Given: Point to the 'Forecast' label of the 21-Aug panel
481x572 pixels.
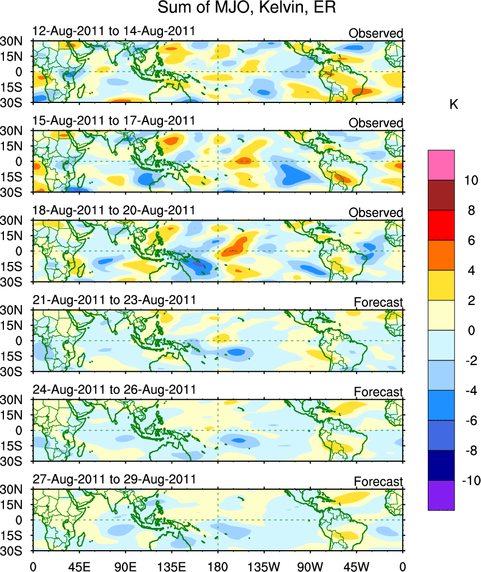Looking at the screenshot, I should pos(379,303).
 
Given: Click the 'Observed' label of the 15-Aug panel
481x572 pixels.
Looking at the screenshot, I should pos(376,123).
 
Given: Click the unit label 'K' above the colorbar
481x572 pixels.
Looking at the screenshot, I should pos(454,104).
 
